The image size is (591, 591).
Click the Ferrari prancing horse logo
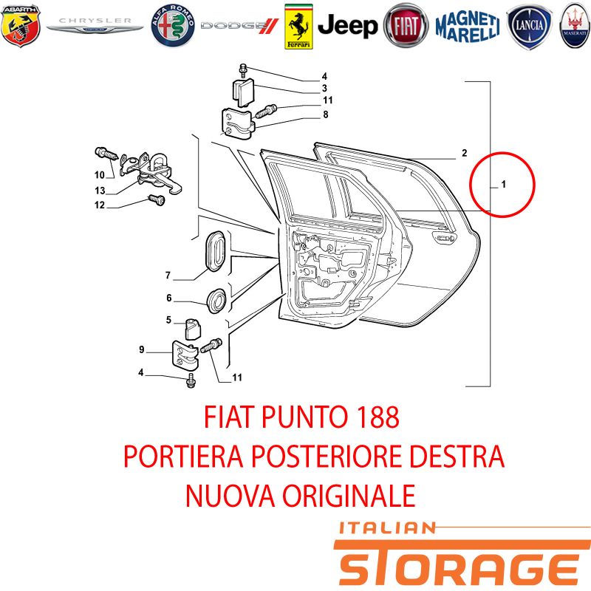point(298,27)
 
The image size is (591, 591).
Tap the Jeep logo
point(347,26)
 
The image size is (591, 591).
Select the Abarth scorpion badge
point(21,26)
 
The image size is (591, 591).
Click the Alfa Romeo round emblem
point(173,26)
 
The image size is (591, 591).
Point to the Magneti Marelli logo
point(468,27)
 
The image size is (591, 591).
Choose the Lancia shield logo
point(529,27)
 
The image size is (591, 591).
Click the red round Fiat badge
point(406,26)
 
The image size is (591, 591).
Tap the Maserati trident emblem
point(575,26)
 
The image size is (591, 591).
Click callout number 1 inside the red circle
point(503,184)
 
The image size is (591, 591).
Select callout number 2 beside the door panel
point(465,153)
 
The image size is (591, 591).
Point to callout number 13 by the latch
point(100,191)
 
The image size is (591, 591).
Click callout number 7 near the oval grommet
point(168,276)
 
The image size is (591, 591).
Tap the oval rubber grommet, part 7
point(215,250)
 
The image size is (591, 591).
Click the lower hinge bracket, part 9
point(185,356)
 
